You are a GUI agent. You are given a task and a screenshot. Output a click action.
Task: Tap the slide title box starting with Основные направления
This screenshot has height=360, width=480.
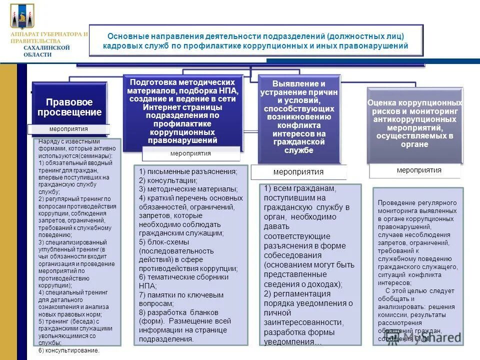(256, 41)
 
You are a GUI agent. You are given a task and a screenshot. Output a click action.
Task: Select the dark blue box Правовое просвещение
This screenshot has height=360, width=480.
(70, 106)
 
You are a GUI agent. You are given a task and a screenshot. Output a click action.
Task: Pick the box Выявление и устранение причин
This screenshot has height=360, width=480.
(299, 117)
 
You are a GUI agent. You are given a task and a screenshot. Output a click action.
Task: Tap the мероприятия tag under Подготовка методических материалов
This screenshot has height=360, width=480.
(190, 153)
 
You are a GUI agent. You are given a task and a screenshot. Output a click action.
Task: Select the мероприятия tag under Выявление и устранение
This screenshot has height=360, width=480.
(298, 171)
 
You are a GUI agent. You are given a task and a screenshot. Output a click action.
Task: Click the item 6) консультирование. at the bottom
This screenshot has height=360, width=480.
(69, 350)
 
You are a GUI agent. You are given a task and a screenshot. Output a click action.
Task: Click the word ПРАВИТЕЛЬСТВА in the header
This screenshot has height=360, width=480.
(35, 40)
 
